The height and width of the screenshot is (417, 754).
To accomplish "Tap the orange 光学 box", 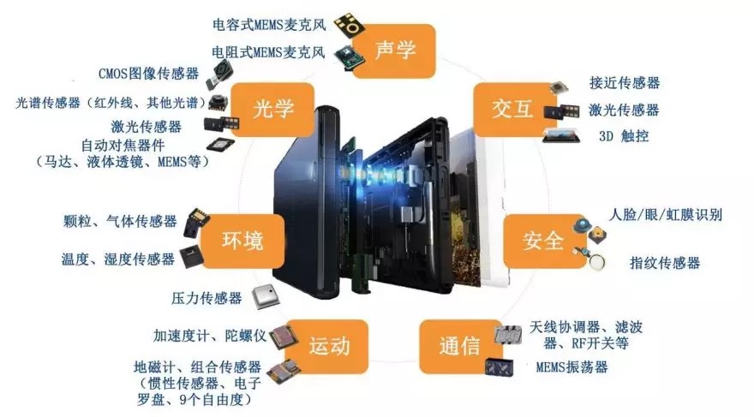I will pyautogui.click(x=273, y=109).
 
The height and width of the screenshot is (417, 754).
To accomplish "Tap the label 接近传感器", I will pyautogui.click(x=625, y=83).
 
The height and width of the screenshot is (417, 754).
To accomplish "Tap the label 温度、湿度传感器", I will pyautogui.click(x=117, y=258).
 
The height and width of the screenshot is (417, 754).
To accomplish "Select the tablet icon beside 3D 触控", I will pyautogui.click(x=560, y=134).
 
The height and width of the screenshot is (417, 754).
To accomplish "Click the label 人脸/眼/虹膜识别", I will pyautogui.click(x=665, y=214).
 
